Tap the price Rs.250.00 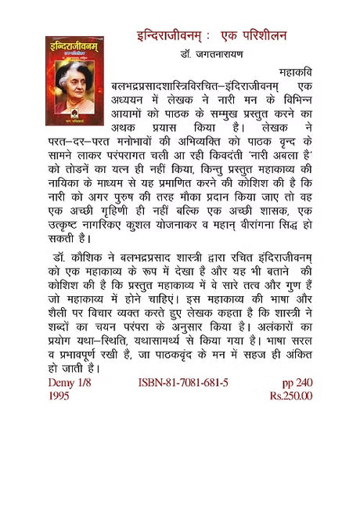click(x=291, y=396)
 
